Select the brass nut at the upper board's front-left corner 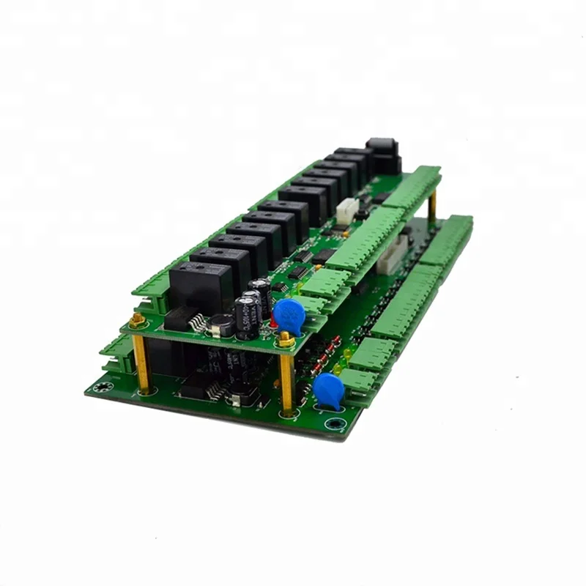(x=136, y=320)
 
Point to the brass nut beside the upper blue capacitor (x=286, y=339)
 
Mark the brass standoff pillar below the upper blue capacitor (x=286, y=381)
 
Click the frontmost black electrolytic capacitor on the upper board (x=245, y=316)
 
